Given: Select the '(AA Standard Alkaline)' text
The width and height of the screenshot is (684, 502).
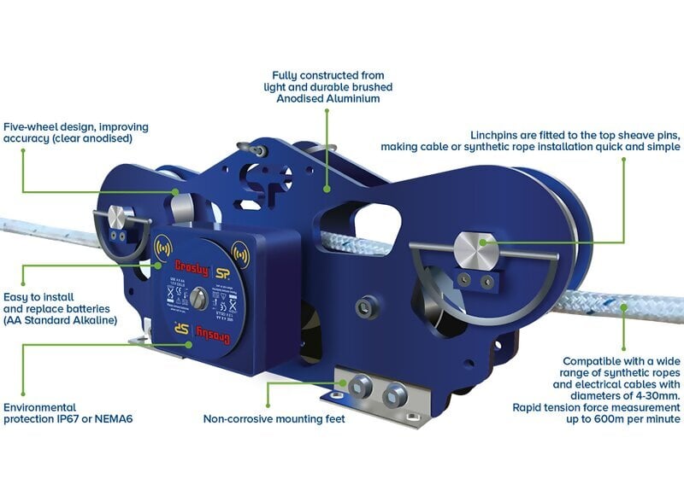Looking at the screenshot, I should tap(60, 320).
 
